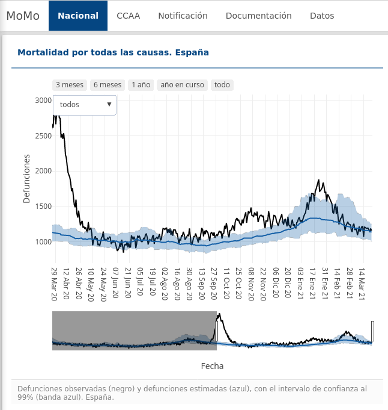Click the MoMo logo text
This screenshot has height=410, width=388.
point(23,16)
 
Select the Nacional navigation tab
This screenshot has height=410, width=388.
point(78,16)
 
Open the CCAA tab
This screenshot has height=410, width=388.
point(129,16)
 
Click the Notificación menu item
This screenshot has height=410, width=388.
point(183,16)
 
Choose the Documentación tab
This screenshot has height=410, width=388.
point(258,16)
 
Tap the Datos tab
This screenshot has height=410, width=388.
point(322,16)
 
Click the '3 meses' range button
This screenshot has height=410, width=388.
point(70,85)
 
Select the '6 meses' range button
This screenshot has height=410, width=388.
point(108,85)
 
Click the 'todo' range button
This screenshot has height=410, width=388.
point(222,85)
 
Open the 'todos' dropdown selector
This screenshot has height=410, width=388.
point(85,105)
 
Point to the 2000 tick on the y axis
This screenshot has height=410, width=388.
point(43,171)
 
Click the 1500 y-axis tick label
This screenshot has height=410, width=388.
point(43,207)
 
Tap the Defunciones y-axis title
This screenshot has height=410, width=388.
point(26,178)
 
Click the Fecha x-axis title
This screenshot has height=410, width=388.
point(212,365)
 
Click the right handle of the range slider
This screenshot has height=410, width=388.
point(373,331)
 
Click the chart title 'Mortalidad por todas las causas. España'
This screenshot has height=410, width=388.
point(113,52)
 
